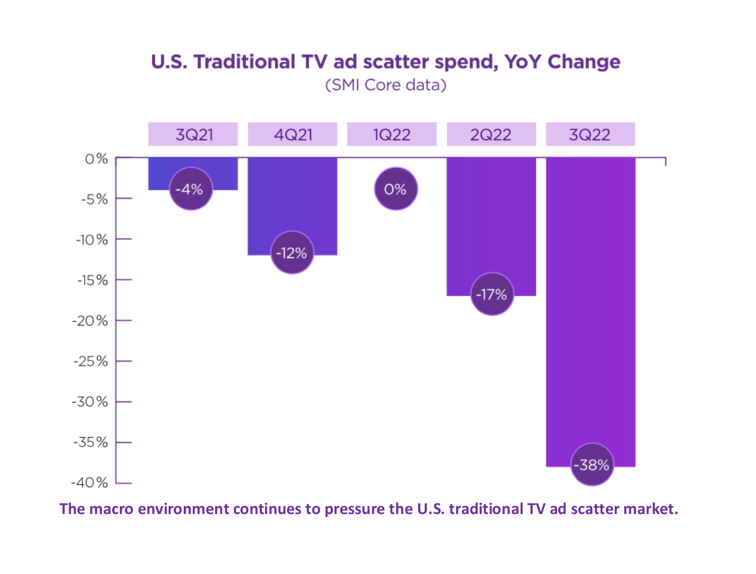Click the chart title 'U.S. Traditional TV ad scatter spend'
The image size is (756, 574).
tap(385, 62)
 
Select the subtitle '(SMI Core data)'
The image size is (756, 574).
tap(386, 85)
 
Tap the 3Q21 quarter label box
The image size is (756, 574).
tap(193, 135)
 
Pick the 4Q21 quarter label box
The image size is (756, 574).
tap(293, 135)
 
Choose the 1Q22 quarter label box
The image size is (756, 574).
tap(392, 135)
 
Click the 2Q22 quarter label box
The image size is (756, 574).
tap(491, 135)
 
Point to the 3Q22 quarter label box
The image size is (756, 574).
tap(590, 135)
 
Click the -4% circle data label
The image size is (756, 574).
tap(191, 189)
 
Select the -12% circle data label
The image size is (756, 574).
tap(291, 253)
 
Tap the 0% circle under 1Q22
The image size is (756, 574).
tap(396, 189)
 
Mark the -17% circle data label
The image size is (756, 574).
tap(491, 294)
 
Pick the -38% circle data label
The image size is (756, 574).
tap(592, 465)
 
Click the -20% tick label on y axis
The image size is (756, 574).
tap(90, 321)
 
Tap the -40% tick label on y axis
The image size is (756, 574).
tap(90, 482)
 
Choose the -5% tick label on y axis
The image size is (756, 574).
tap(94, 199)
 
